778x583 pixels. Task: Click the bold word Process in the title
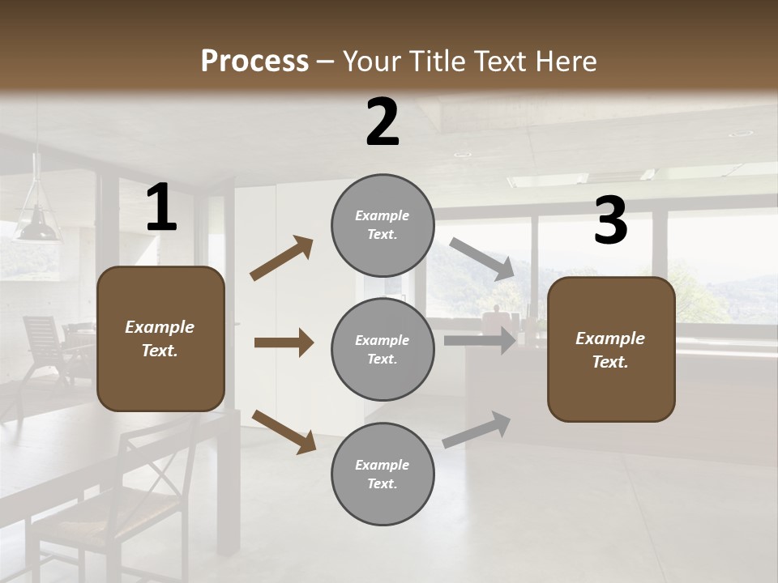[254, 61]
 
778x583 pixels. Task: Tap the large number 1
[161, 208]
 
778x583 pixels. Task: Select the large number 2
[383, 122]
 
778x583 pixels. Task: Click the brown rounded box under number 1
[160, 338]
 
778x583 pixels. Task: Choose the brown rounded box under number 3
[611, 349]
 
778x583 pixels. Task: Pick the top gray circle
[383, 225]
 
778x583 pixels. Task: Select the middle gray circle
[383, 349]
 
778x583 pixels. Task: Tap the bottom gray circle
[383, 474]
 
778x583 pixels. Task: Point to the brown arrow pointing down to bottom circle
[284, 431]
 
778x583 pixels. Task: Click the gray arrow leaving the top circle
[481, 258]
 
